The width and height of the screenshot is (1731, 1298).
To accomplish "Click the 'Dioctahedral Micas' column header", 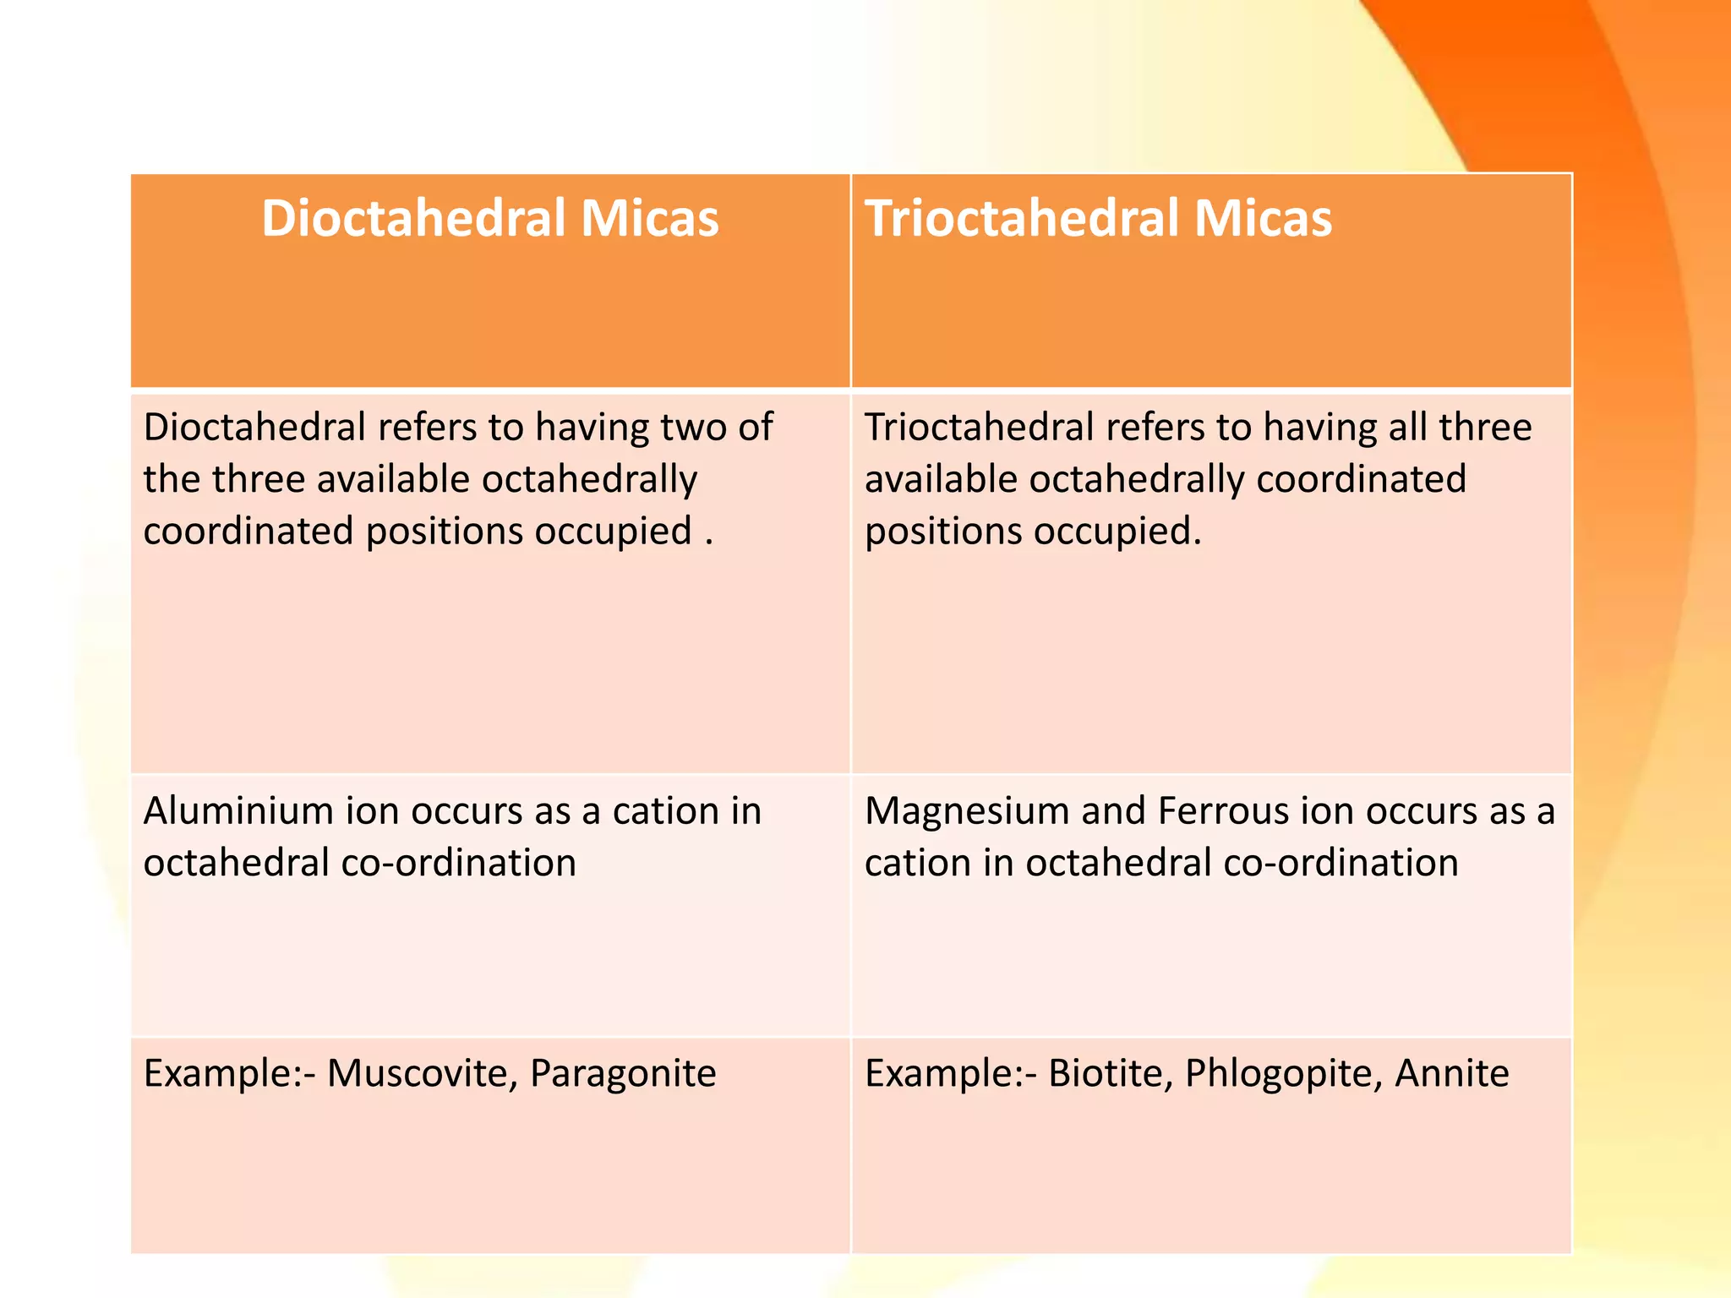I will [x=489, y=219].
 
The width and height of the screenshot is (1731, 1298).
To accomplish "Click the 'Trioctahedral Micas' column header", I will [x=1098, y=219].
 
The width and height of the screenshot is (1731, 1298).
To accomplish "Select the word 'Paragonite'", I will [x=623, y=1074].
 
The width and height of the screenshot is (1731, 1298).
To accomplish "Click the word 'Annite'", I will [x=1452, y=1074].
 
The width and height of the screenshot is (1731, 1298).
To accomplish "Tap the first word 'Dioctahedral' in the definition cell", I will [x=254, y=428].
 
